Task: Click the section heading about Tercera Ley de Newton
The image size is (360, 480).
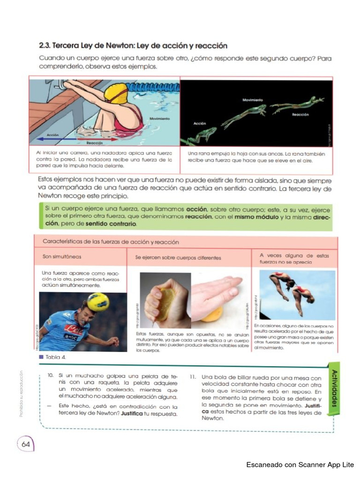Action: tap(133, 46)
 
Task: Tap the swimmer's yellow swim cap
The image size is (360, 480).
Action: tap(116, 93)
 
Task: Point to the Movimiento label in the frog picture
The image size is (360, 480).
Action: tap(253, 100)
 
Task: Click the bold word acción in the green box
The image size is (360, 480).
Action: tap(196, 209)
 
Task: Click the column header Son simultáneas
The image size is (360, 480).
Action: tap(62, 257)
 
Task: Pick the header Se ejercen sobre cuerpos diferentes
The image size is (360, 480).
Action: tap(178, 258)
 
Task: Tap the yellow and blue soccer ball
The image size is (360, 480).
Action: tap(98, 301)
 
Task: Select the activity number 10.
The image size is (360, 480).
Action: tap(51, 376)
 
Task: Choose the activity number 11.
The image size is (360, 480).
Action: tap(193, 376)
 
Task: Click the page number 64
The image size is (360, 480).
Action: tap(25, 442)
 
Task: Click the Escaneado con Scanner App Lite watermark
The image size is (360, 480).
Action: tap(300, 465)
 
